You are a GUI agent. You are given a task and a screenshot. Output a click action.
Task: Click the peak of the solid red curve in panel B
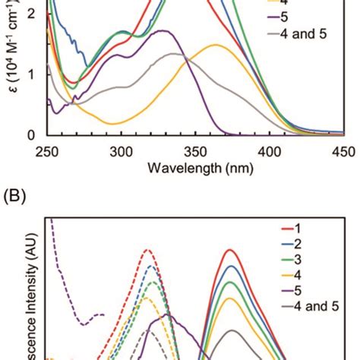(x=229, y=250)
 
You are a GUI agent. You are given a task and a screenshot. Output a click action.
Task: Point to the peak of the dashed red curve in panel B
(x=148, y=249)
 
